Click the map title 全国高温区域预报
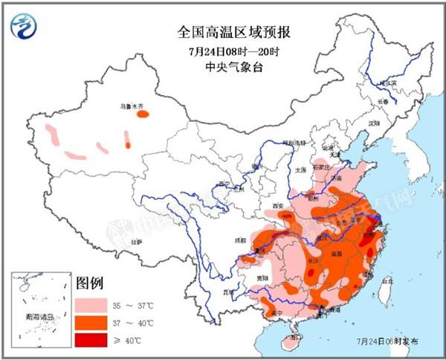point(224,32)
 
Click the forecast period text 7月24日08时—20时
point(224,51)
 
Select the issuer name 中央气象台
point(224,68)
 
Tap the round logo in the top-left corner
point(25,27)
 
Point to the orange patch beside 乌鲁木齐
point(142,115)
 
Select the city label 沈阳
point(373,122)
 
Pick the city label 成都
point(239,240)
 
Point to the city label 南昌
point(336,254)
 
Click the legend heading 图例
point(89,283)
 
